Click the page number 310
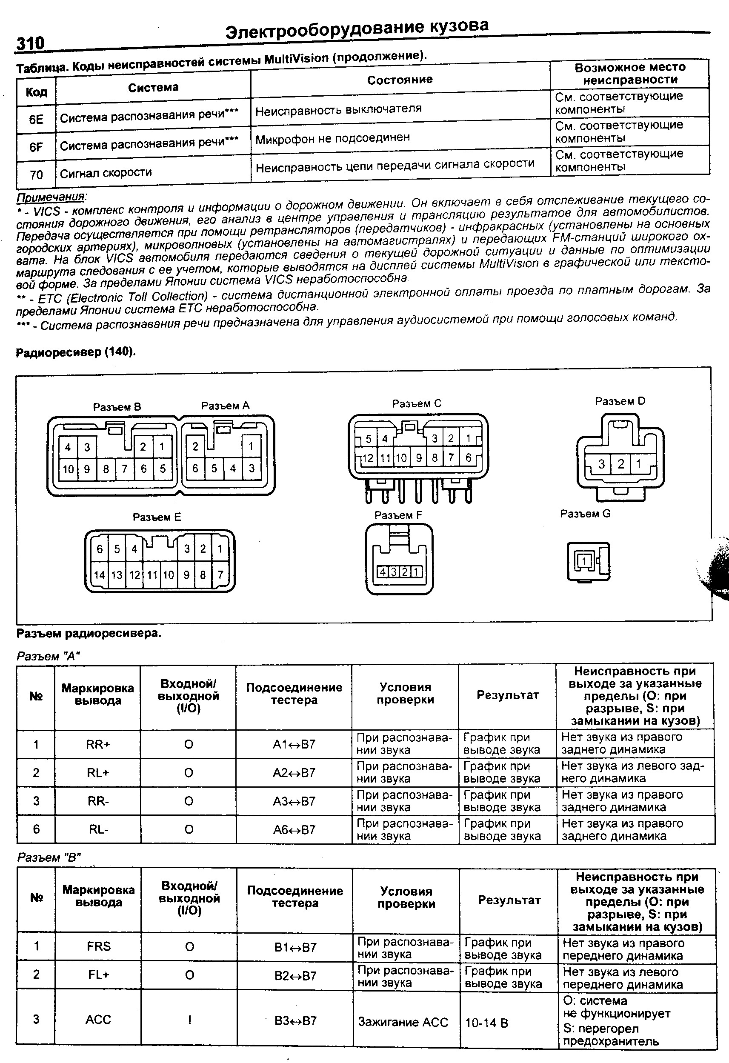(30, 43)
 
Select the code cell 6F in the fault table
(36, 147)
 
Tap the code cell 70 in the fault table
(36, 174)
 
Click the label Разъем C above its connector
(416, 403)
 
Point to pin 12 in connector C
(368, 458)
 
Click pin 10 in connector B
(68, 469)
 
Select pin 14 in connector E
(99, 574)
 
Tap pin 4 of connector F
(382, 572)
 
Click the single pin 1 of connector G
(584, 561)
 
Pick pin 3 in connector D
(601, 464)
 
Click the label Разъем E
(157, 517)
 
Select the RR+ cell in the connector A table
(97, 744)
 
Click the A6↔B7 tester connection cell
(294, 829)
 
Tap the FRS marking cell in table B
(98, 946)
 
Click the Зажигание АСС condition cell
(403, 1022)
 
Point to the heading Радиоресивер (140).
(76, 352)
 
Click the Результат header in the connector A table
(507, 695)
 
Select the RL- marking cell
(97, 829)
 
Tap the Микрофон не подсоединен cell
(332, 138)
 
